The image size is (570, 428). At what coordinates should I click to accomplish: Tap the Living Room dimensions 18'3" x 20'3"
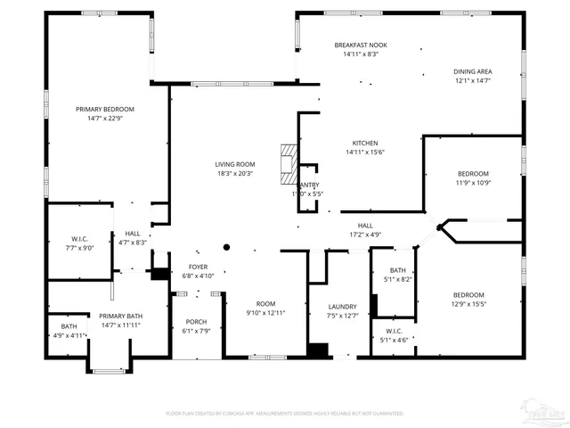coord(234,174)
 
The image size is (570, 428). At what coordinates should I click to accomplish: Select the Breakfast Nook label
coord(361,45)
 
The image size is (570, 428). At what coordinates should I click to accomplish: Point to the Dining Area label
coord(472,71)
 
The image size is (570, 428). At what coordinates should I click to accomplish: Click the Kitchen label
coord(365,143)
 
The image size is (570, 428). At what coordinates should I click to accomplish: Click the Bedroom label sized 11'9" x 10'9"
coord(473,173)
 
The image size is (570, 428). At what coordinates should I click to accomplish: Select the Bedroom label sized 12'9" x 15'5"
coord(468,295)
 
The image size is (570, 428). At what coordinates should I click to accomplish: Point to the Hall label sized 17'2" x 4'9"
coord(365,226)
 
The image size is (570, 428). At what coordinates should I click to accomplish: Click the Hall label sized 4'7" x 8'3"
coord(132,234)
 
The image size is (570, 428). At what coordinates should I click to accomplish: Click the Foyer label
coord(198,267)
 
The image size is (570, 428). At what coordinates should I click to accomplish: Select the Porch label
coord(196,322)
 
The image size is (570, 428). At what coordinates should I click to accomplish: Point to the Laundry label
coord(342,306)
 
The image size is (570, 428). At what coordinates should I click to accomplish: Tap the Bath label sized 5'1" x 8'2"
coord(397,270)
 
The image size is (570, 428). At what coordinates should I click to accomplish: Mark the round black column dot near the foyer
coord(227,247)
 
